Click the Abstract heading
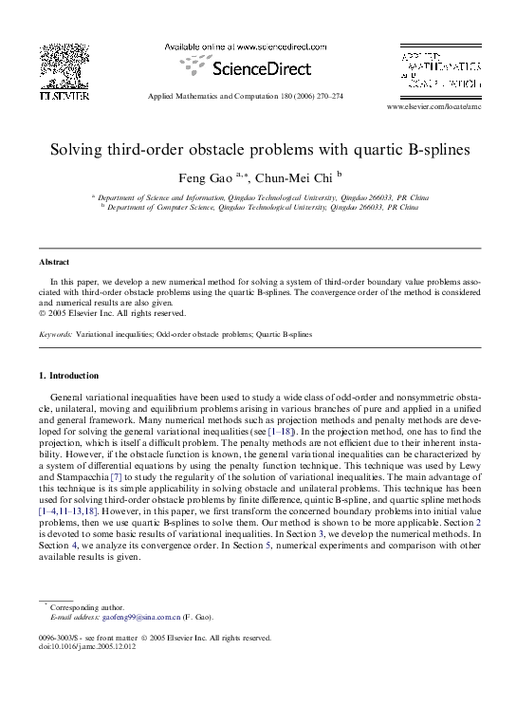tap(54, 262)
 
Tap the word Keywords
tap(55, 334)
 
